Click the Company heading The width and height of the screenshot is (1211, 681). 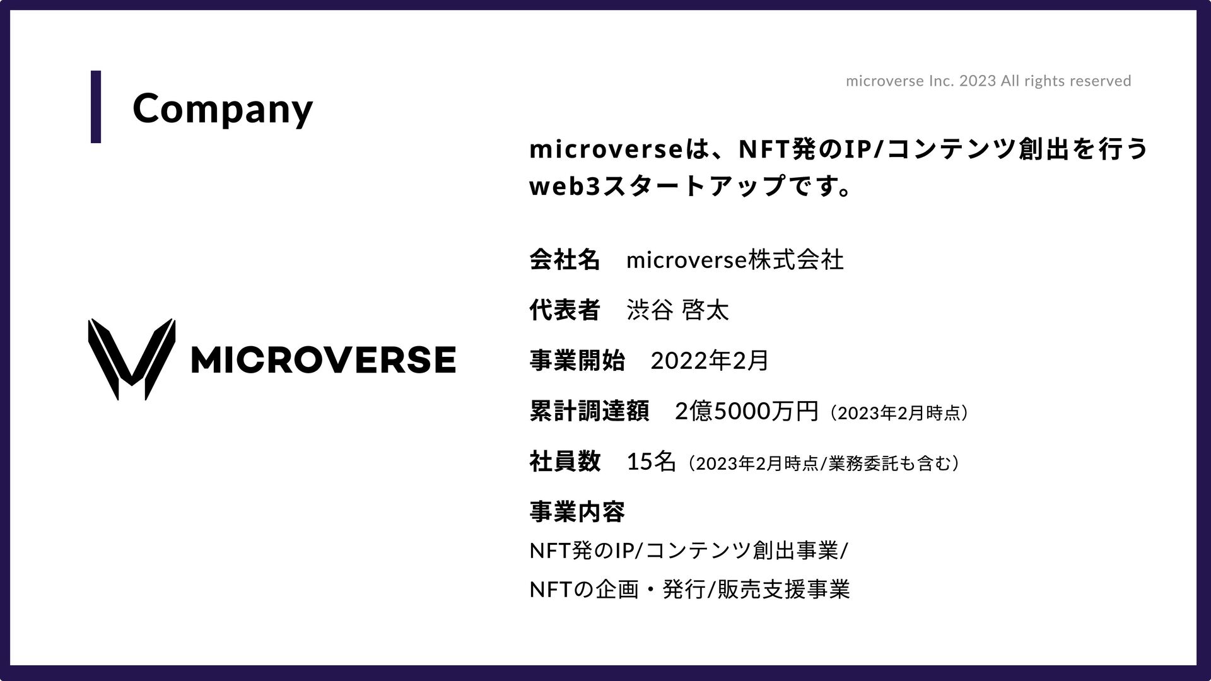click(x=222, y=108)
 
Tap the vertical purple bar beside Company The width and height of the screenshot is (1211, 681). click(x=96, y=107)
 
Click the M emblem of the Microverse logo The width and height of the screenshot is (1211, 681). click(x=131, y=359)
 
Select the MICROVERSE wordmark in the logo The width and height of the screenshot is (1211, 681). click(x=322, y=359)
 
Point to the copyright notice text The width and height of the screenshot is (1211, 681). click(x=988, y=81)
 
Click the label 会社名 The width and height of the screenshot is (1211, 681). click(x=565, y=259)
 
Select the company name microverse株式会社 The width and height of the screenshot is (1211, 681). click(x=735, y=259)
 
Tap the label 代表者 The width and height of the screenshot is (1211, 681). click(x=565, y=310)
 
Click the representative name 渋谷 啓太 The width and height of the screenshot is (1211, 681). click(x=678, y=310)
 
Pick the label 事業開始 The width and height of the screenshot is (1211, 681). click(x=577, y=361)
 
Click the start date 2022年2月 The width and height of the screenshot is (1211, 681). click(x=710, y=361)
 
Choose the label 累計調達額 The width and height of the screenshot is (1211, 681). click(x=589, y=412)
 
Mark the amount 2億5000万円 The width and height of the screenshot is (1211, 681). click(x=747, y=412)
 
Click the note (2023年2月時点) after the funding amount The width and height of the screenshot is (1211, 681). click(x=899, y=413)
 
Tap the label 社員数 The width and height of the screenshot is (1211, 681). click(x=565, y=462)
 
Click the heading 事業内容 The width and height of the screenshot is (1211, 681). click(x=577, y=511)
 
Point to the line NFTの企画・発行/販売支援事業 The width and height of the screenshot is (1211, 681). click(x=690, y=590)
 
